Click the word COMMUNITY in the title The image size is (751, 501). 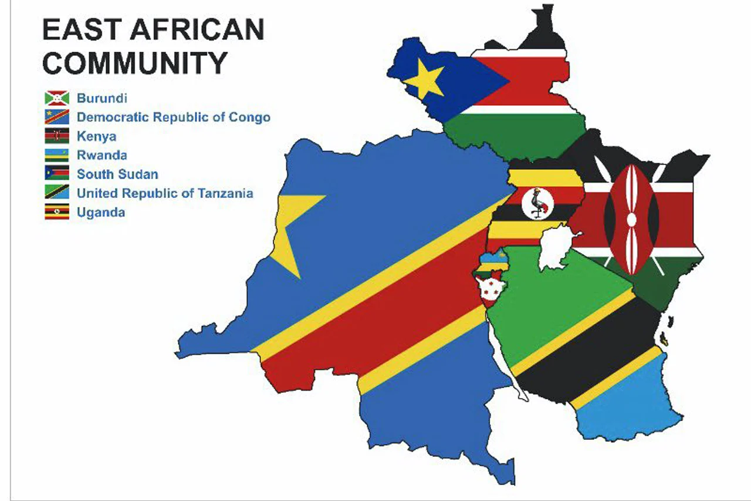click(x=134, y=63)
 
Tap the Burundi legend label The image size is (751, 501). click(x=102, y=98)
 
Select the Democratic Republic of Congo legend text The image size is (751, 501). click(x=174, y=117)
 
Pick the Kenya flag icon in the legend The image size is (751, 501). click(x=57, y=136)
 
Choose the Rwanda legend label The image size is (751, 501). click(x=102, y=155)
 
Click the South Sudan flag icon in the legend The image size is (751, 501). click(x=57, y=174)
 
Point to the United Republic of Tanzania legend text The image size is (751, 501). click(x=165, y=193)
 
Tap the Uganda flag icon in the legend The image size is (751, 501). click(x=57, y=211)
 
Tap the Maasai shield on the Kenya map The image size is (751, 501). click(x=631, y=219)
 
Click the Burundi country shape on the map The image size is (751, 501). click(x=492, y=291)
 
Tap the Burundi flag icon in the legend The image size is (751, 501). click(x=57, y=98)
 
